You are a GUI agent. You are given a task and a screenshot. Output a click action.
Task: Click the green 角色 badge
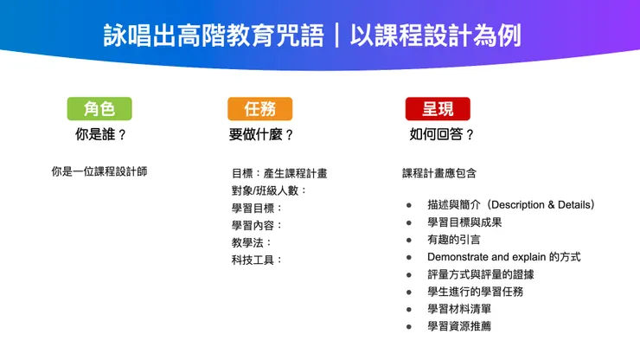(x=99, y=108)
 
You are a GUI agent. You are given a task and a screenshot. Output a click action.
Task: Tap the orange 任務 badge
(x=259, y=108)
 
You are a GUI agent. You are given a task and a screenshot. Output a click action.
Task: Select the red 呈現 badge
(x=438, y=108)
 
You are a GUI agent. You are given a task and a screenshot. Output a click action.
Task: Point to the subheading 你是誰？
(x=100, y=134)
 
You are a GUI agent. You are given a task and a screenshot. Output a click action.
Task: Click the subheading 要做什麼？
(x=261, y=134)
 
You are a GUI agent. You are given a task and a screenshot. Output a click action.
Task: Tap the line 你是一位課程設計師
(x=99, y=171)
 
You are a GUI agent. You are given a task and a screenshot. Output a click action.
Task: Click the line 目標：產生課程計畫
(x=278, y=173)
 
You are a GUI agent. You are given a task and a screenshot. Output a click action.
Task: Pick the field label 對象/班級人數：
(x=269, y=190)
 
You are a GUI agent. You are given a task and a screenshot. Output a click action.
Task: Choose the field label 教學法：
(x=252, y=242)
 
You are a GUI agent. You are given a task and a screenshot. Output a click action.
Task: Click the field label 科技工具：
(x=257, y=260)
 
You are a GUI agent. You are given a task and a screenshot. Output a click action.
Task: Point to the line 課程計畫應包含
(x=439, y=173)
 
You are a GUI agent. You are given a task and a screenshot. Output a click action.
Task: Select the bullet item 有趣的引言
(x=453, y=240)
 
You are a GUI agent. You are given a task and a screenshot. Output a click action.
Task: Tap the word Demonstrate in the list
(x=458, y=257)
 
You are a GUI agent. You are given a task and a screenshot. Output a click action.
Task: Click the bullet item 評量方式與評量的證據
(x=475, y=274)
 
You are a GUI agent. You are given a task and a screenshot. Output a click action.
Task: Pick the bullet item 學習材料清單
(x=458, y=309)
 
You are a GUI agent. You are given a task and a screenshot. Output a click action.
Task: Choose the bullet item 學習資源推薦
(x=458, y=326)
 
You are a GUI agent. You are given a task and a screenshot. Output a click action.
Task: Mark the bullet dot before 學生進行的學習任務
(x=408, y=292)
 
